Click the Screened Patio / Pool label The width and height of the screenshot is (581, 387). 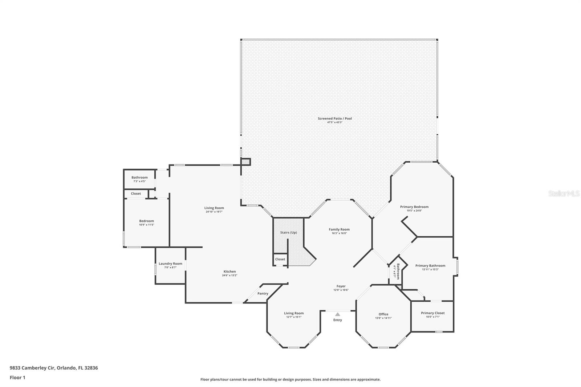(334, 118)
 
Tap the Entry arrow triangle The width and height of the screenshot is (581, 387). (338, 314)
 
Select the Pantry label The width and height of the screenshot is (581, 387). (263, 293)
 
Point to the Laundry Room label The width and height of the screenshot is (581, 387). (170, 264)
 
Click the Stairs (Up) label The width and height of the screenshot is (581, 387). (288, 232)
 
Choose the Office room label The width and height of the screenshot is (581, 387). (383, 314)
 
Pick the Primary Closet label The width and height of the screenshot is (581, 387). (432, 313)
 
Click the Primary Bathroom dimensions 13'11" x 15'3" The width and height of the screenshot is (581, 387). (430, 269)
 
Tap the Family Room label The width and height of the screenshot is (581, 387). (339, 229)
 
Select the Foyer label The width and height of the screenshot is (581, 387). (341, 286)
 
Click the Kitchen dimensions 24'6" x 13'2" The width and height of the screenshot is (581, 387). (229, 275)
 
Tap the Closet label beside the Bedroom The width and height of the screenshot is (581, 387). (136, 193)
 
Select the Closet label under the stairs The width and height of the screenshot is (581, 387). (280, 259)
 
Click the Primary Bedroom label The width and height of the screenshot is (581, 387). (414, 207)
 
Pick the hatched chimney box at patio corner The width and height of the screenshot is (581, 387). (246, 162)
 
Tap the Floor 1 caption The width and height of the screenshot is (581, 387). (17, 378)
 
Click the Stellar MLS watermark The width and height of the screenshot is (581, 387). (564, 193)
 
